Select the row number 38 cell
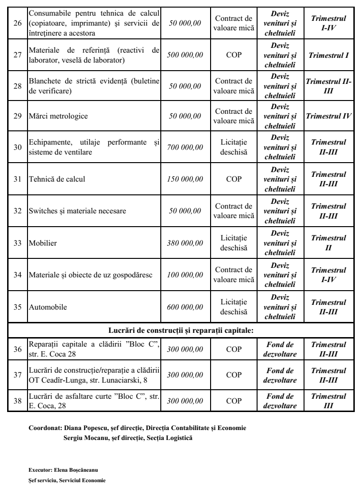point(17,400)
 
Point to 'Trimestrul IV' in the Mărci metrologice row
point(329,116)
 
